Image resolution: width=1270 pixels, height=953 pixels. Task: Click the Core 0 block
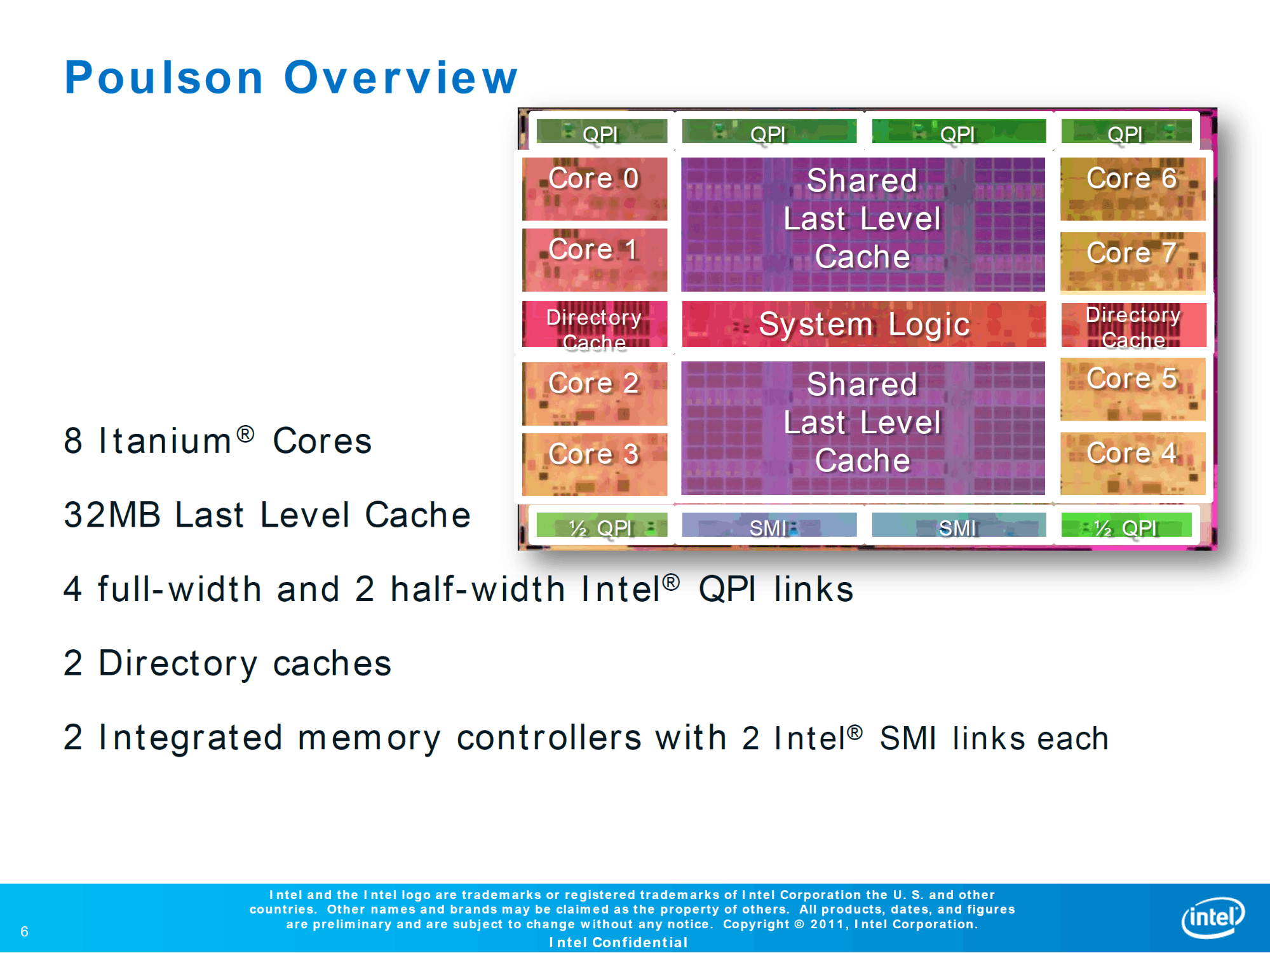(x=594, y=188)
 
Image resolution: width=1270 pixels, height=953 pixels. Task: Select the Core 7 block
(x=1132, y=261)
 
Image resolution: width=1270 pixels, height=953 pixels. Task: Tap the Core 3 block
(x=594, y=464)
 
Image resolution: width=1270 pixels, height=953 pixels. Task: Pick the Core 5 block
(x=1132, y=389)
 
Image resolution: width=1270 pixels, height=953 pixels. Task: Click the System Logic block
(x=863, y=324)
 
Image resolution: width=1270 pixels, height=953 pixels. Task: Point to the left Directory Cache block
(x=594, y=325)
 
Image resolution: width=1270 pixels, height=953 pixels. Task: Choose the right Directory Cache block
(x=1133, y=325)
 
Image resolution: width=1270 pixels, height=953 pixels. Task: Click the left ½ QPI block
(x=601, y=526)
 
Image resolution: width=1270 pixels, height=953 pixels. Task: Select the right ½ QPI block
(x=1126, y=526)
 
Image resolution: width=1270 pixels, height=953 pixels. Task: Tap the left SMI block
(x=769, y=526)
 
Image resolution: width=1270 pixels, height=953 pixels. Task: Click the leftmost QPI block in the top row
(x=601, y=132)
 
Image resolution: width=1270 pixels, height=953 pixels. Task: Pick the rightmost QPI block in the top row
(x=1126, y=132)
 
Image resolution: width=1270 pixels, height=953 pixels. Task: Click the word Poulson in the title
(x=164, y=78)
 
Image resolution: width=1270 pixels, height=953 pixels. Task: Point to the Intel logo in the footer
(x=1212, y=917)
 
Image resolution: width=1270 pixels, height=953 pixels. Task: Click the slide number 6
(x=24, y=931)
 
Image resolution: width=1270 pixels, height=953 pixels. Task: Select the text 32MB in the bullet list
(x=112, y=515)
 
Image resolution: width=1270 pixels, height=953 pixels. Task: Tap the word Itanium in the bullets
(x=165, y=441)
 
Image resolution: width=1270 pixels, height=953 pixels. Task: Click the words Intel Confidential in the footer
(x=618, y=942)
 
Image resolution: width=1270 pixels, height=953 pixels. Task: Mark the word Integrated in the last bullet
(x=190, y=738)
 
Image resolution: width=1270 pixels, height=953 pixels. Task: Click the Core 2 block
(x=594, y=392)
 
